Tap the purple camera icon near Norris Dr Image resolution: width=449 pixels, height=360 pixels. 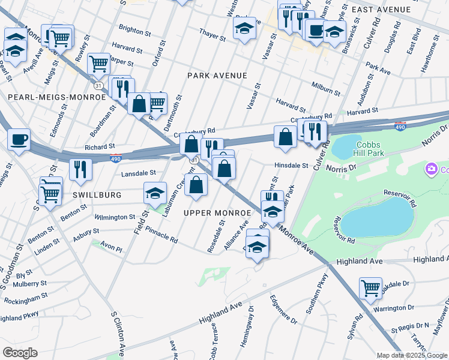431,170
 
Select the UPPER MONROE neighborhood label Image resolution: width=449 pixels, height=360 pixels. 217,213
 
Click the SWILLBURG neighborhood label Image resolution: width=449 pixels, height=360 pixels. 97,195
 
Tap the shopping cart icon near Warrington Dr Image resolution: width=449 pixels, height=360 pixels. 370,288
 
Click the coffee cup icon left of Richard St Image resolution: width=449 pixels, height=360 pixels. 19,140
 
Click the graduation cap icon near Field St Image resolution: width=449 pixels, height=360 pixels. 155,193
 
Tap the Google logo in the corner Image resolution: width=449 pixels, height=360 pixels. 19,353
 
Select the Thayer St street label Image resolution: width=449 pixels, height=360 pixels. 212,37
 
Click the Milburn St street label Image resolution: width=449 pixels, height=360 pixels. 325,91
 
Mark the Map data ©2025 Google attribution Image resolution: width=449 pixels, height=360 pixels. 412,355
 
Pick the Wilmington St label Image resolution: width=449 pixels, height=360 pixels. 115,217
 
